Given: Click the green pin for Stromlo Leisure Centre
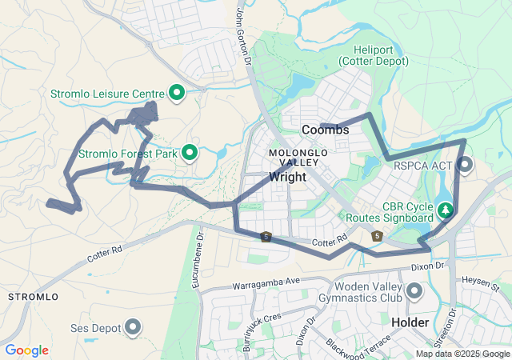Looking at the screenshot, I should tap(176, 93).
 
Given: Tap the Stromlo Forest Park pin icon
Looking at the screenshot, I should tap(190, 152).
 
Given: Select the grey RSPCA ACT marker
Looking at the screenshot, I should tap(465, 166).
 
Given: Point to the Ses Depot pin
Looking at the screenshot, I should tap(134, 326).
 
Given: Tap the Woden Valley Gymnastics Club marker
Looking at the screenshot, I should tap(414, 292).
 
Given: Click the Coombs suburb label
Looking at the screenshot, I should tap(325, 130).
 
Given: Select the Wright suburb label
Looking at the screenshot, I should tap(287, 177).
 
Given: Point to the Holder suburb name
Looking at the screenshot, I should tap(411, 322).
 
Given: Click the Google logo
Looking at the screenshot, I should tap(26, 350).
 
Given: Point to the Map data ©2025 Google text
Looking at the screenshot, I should tap(462, 354).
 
